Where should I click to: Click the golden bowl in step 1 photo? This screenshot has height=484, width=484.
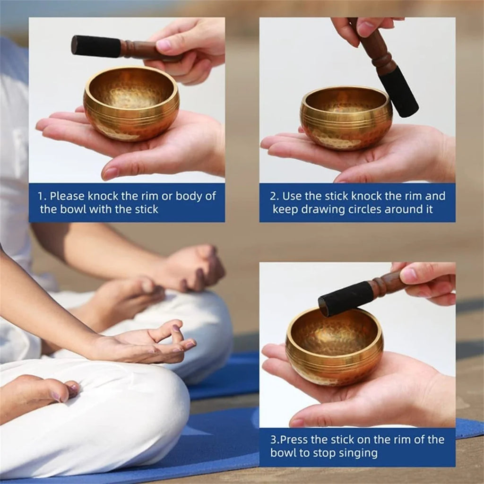click(131, 104)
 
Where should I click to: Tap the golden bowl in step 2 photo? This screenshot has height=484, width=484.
click(346, 118)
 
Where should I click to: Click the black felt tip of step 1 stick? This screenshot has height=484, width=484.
click(96, 46)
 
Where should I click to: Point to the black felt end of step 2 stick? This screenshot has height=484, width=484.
click(398, 92)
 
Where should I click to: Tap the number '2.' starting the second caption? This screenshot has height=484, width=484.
click(275, 196)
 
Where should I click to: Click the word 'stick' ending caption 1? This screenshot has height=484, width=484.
click(145, 209)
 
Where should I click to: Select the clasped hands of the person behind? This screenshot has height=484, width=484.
click(189, 269)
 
